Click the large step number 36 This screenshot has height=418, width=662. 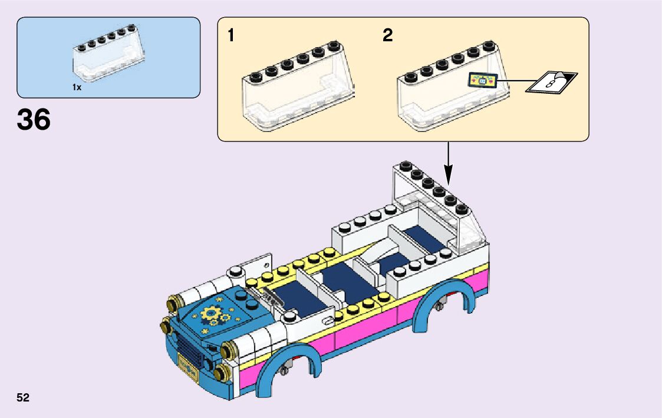click(x=34, y=120)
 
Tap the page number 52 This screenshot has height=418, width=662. click(x=24, y=397)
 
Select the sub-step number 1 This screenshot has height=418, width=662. click(x=231, y=36)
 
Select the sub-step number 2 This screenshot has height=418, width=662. click(x=387, y=36)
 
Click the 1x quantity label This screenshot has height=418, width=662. click(x=77, y=87)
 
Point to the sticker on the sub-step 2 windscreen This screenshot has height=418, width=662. click(x=483, y=81)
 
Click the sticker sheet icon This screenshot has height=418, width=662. click(x=551, y=82)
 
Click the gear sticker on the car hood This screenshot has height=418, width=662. click(x=213, y=315)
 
